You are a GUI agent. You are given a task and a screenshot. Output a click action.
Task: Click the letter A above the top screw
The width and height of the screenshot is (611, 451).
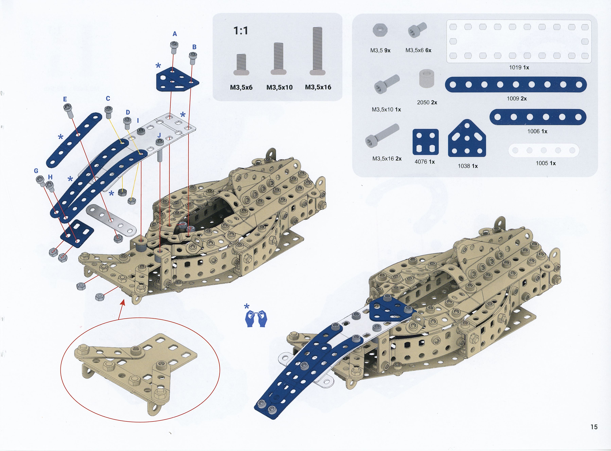click(x=175, y=34)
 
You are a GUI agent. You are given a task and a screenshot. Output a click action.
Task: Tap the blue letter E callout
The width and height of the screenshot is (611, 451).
click(x=65, y=99)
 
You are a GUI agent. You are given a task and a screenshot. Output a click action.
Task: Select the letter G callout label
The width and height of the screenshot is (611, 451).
click(x=36, y=171)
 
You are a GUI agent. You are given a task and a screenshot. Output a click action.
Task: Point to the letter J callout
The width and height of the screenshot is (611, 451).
click(x=159, y=135)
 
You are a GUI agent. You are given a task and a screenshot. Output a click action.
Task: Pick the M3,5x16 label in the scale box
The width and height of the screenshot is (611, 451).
click(x=318, y=87)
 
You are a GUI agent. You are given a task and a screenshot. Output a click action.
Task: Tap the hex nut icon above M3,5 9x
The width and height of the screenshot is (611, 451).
click(x=380, y=30)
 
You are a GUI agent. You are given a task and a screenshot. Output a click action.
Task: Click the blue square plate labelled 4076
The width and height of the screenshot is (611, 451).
click(x=426, y=142)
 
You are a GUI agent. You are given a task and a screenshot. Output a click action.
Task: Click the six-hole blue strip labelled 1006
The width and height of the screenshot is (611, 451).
click(x=538, y=117)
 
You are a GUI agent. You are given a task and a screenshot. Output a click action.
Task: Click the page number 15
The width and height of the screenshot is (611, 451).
click(x=594, y=427)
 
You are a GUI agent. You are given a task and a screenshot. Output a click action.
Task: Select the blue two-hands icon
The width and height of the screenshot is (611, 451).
click(x=256, y=319)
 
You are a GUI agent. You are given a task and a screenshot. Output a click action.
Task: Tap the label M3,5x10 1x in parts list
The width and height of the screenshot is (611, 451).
click(x=386, y=109)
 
